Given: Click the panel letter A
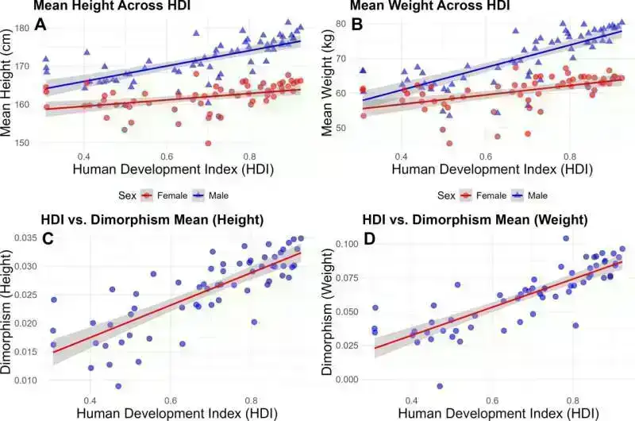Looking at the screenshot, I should coord(39,26).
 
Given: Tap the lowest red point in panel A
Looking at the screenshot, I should coord(208,144).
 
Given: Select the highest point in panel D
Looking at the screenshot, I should coord(566,238).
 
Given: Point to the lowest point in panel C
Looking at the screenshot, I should coord(118,386).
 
